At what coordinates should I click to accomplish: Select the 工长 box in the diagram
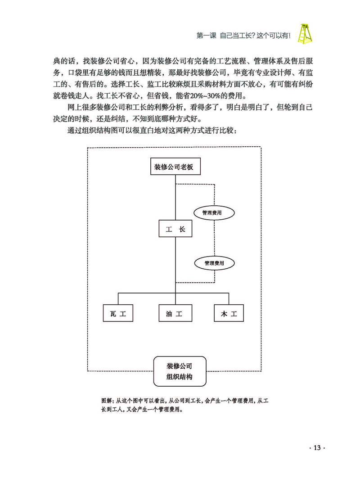coord(175,229)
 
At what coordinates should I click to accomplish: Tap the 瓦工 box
coord(118,313)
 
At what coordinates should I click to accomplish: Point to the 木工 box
coord(229,313)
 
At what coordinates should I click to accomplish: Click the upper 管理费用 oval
coord(214,212)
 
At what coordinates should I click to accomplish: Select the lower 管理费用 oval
coord(214,262)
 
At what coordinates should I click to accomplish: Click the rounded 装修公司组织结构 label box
coord(180,371)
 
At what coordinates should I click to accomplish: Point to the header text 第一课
coord(206,35)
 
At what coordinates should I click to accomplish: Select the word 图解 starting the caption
coord(108,400)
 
